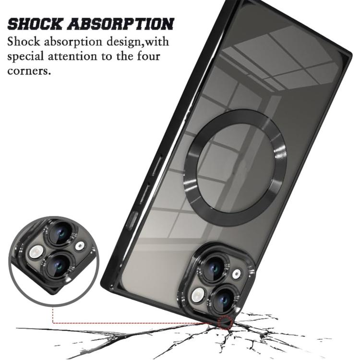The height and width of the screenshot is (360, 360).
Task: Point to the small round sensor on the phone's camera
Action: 236,274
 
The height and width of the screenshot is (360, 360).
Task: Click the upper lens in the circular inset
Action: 62,235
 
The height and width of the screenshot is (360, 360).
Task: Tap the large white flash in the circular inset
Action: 36,252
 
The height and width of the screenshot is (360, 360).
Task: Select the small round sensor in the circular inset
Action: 80,246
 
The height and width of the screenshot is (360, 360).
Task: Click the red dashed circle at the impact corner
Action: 225,322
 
